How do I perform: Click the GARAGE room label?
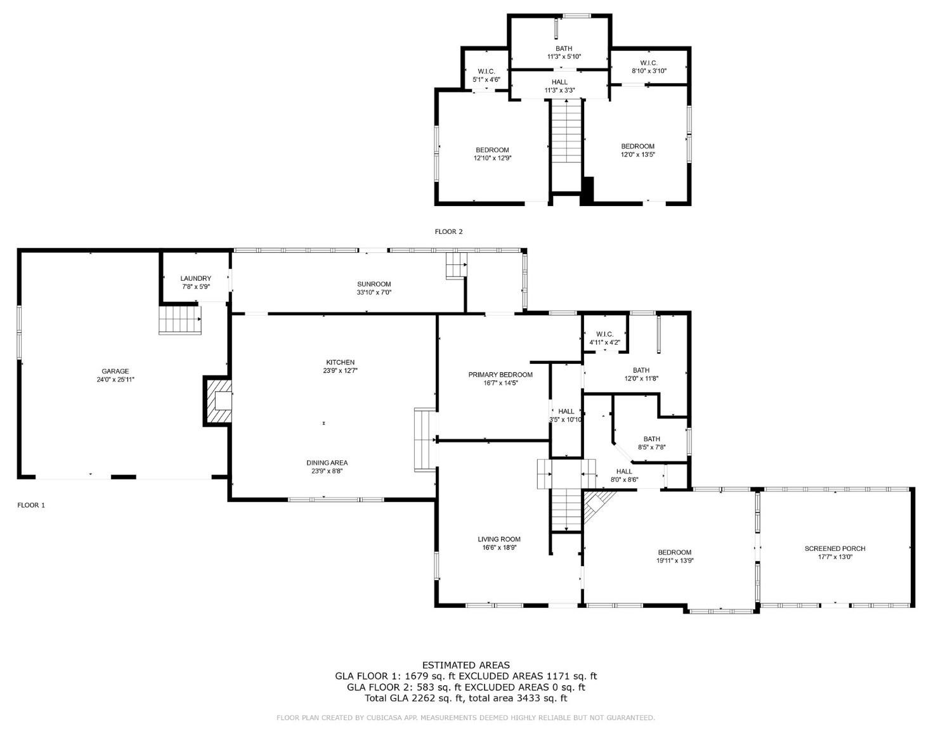(115, 371)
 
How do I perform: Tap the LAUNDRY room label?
(196, 278)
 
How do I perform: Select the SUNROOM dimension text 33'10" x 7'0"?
(374, 292)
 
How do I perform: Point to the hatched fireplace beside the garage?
(218, 401)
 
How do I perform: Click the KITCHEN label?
(341, 362)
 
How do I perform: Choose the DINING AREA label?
(327, 463)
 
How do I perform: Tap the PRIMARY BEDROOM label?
(500, 375)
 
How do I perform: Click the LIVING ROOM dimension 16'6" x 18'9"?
(500, 548)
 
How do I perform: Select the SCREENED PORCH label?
(835, 548)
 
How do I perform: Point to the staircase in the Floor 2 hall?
(566, 131)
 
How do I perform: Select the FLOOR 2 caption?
(448, 231)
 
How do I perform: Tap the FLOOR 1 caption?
(31, 505)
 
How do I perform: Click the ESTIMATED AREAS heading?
(466, 665)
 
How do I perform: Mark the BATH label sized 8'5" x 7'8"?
(652, 439)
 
